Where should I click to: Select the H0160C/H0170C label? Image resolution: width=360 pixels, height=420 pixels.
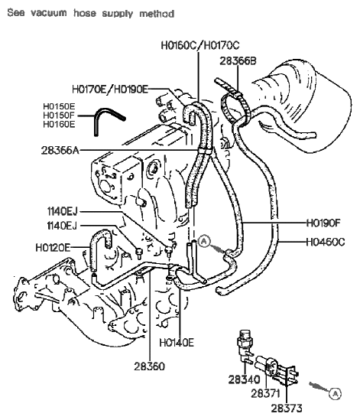pyautogui.click(x=200, y=46)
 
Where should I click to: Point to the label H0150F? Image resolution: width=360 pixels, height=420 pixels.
pyautogui.click(x=58, y=115)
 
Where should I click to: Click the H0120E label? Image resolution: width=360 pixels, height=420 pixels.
pyautogui.click(x=52, y=247)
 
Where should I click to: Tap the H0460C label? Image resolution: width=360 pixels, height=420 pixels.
pyautogui.click(x=326, y=242)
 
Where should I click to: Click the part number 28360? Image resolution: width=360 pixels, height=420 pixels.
pyautogui.click(x=148, y=366)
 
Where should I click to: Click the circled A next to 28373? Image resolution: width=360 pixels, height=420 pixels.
pyautogui.click(x=335, y=393)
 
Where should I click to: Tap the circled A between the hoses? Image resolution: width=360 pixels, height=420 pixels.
pyautogui.click(x=204, y=241)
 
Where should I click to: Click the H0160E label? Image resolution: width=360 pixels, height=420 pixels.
pyautogui.click(x=58, y=124)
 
